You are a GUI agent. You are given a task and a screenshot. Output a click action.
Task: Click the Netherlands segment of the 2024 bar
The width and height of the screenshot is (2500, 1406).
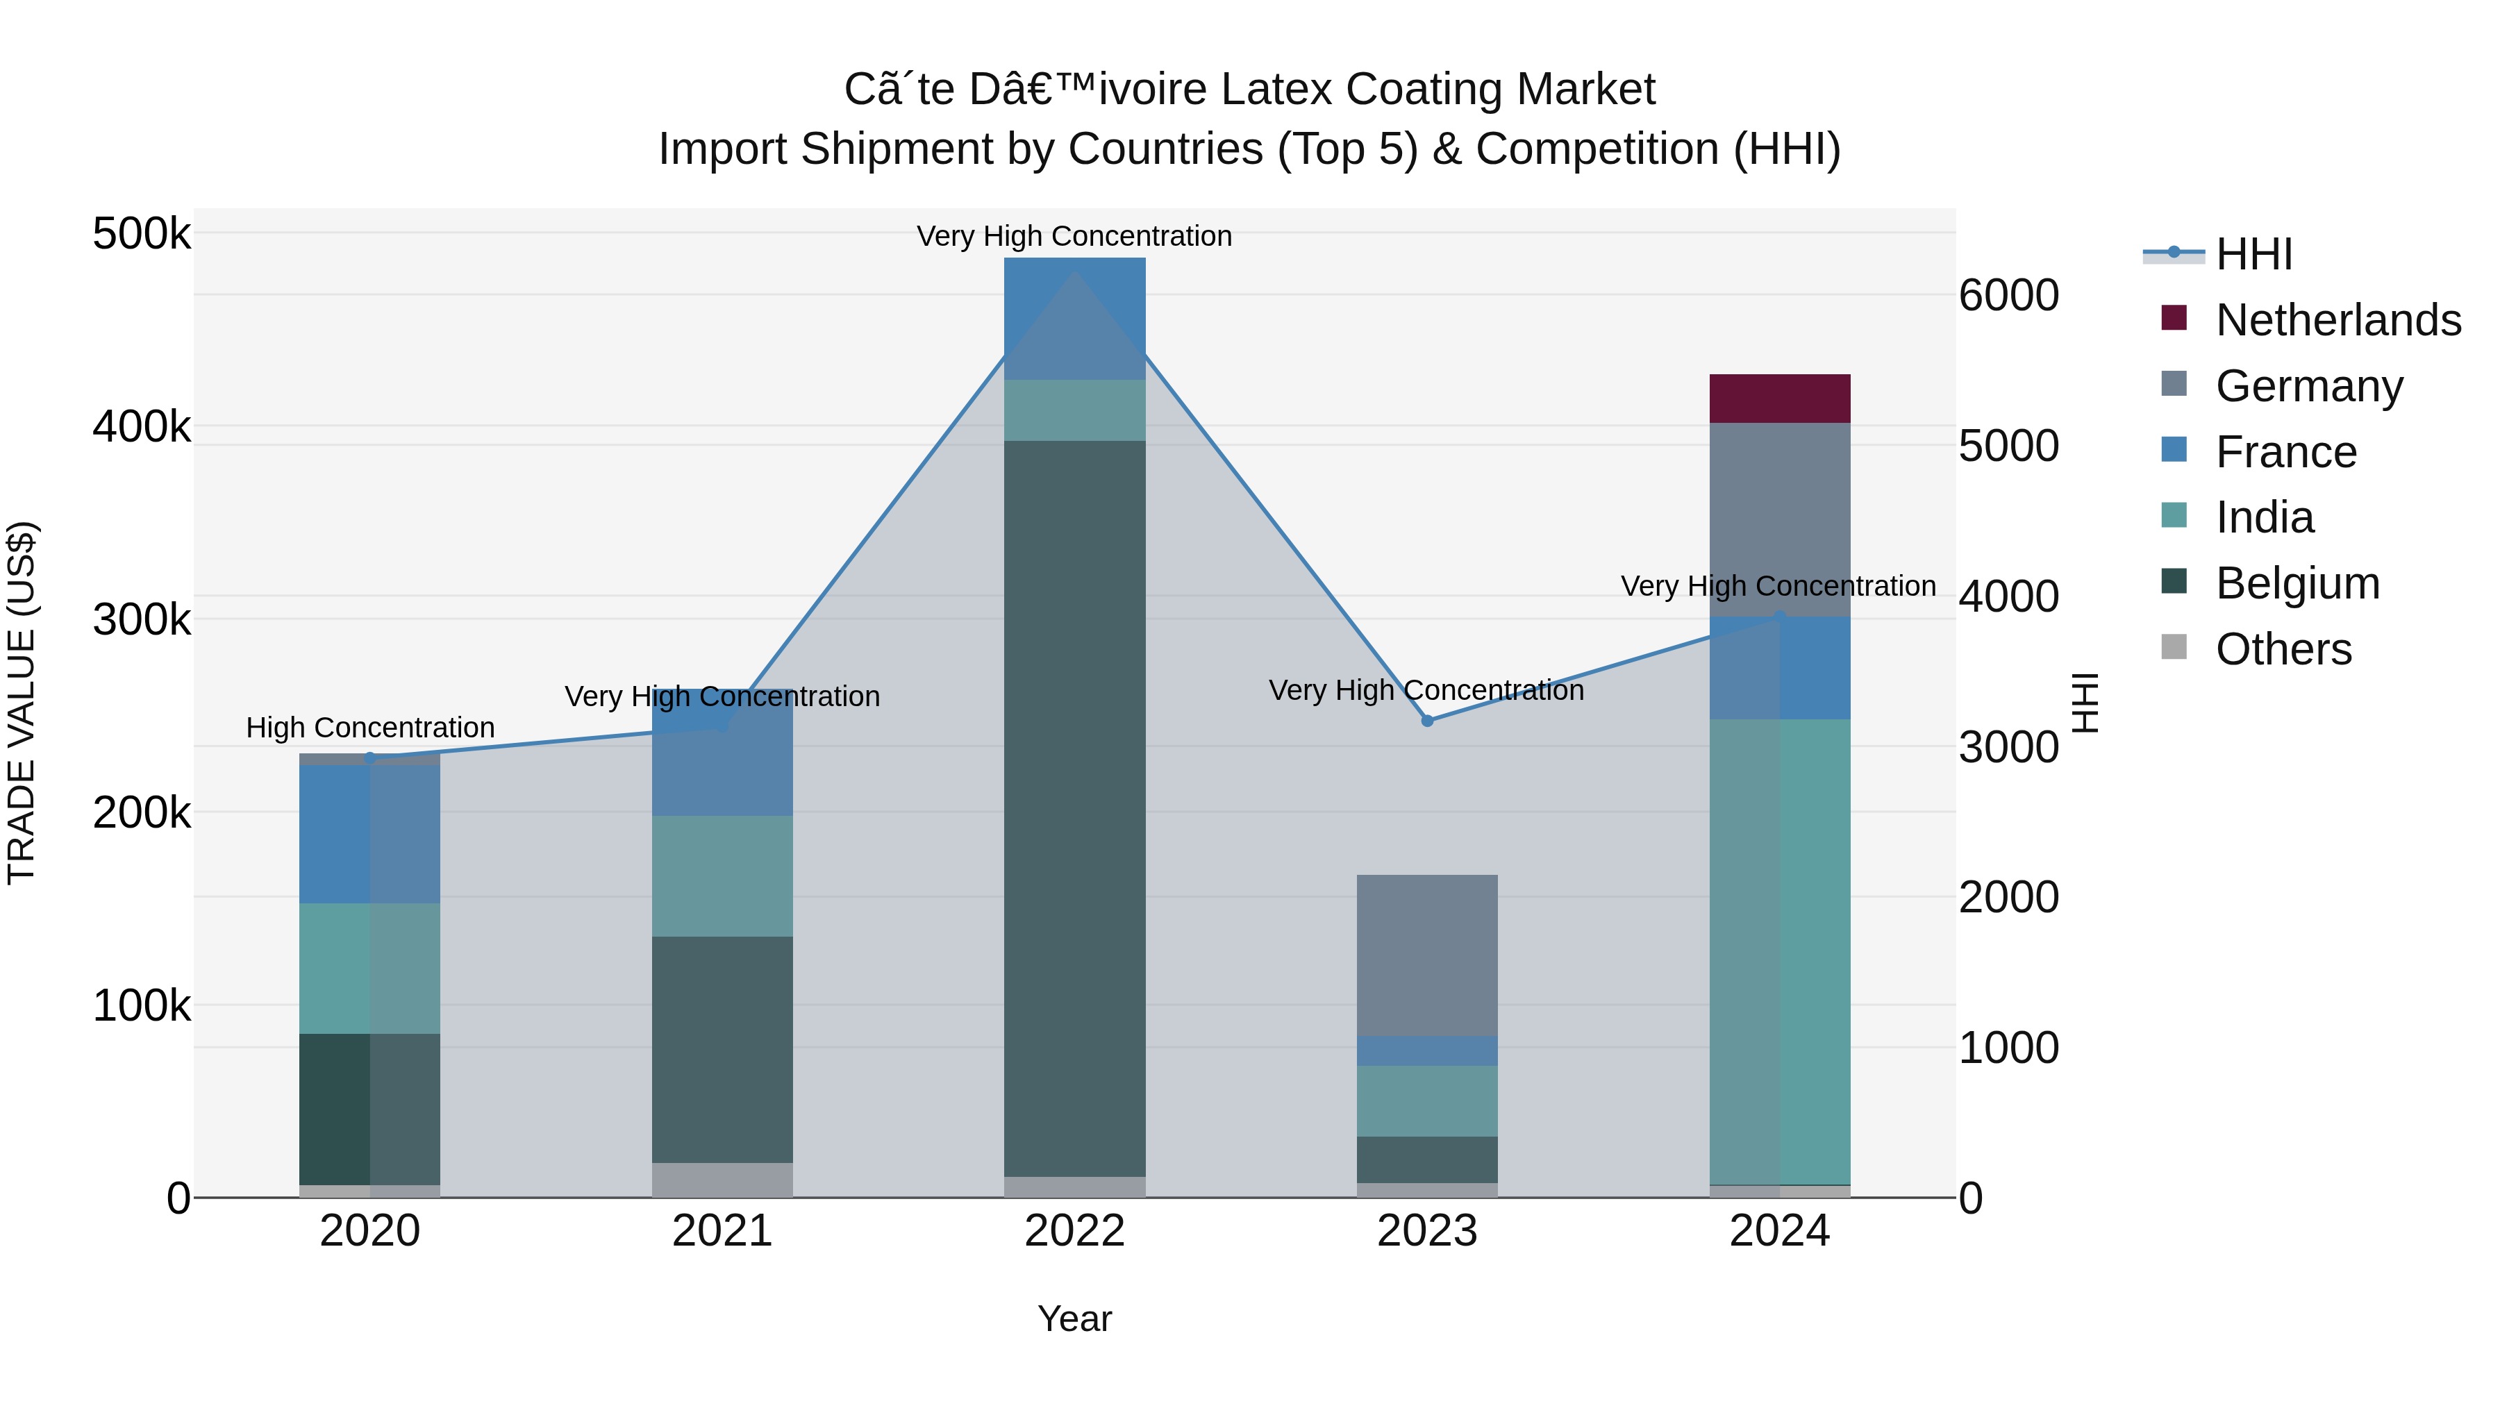1779,398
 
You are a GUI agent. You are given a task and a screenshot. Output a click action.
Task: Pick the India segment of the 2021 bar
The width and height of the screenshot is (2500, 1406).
722,876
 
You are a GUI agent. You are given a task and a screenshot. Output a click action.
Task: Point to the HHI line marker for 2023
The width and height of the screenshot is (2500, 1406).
1426,721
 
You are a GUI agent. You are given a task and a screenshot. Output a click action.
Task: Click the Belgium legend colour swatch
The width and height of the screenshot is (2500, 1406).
2174,583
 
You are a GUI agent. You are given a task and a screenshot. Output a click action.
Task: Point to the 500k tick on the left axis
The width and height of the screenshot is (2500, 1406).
142,234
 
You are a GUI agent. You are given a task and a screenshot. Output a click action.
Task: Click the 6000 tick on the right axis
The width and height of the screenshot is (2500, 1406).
2008,295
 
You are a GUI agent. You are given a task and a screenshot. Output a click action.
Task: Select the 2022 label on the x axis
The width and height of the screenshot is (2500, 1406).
1074,1231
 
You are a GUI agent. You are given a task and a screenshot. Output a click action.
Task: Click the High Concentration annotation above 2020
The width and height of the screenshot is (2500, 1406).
369,728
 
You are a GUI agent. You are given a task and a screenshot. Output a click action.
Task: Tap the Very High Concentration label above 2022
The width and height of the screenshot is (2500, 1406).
1074,236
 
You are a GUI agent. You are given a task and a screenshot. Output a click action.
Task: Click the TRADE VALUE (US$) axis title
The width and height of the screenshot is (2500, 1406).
22,703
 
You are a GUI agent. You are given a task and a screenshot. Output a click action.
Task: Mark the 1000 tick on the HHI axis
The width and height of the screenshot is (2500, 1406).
2008,1048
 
